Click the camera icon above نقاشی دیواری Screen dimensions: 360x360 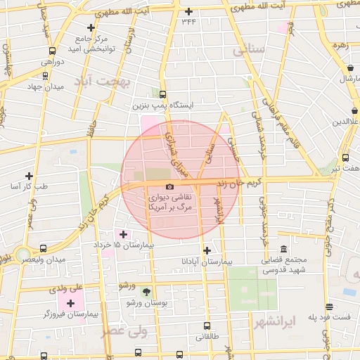pos(169,186)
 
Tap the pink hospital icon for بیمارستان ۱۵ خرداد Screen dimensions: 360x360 pos(124,233)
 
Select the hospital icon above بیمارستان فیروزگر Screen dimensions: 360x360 pos(70,303)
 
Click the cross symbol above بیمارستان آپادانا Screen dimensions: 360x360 pos(206,250)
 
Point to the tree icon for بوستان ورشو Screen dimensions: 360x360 pos(146,291)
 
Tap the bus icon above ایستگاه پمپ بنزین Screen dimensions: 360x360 pos(163,94)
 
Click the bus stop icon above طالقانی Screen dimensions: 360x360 pos(206,326)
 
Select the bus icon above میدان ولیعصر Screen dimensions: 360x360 pos(44,248)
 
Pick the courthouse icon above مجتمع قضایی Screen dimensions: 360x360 pos(283,250)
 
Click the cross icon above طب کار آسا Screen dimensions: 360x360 pos(29,175)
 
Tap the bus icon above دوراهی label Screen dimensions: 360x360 pos(52,51)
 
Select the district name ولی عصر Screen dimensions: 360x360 pos(122,331)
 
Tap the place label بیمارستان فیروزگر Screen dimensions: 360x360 pos(67,314)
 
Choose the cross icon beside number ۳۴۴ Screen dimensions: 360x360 pos(188,11)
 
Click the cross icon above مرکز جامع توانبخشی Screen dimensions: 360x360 pos(91,27)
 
